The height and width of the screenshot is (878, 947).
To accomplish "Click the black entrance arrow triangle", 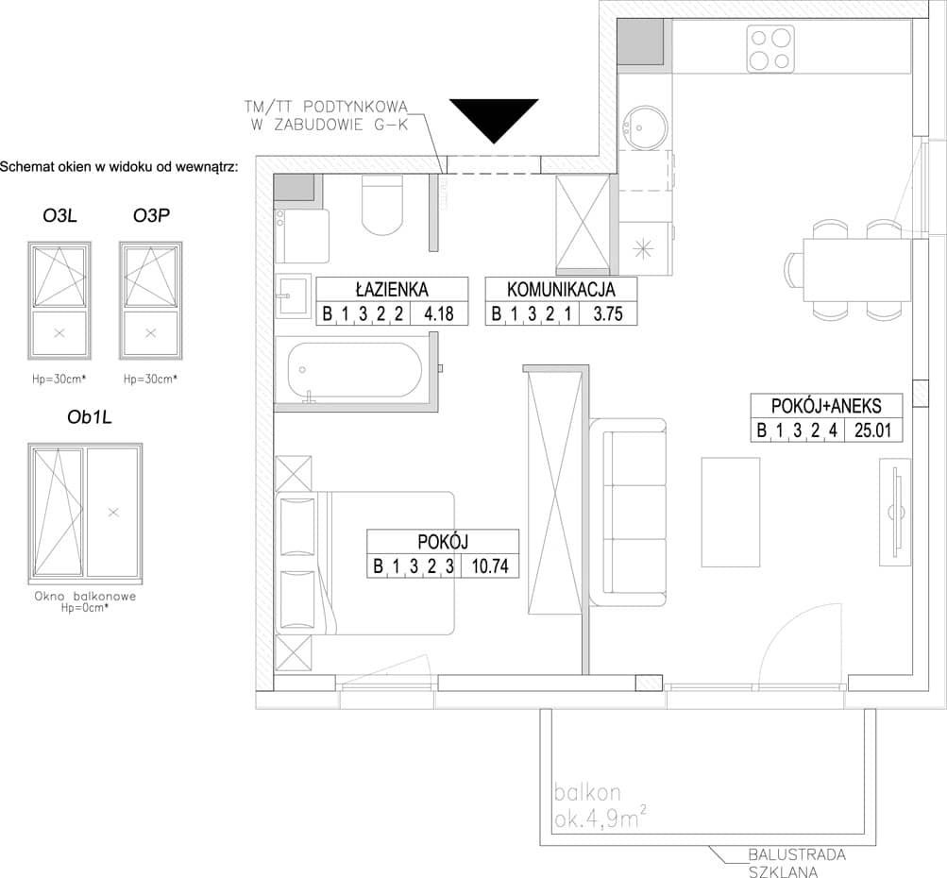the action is click(494, 118).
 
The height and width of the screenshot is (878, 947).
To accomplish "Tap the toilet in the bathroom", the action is click(381, 205).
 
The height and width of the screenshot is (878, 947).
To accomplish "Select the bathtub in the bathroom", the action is click(355, 370).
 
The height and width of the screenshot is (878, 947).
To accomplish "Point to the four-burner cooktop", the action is click(769, 49).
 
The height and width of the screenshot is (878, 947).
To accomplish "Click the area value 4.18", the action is click(438, 314).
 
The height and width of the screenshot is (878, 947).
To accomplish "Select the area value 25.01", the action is click(872, 431).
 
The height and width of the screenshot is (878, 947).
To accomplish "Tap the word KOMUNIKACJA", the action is click(561, 289).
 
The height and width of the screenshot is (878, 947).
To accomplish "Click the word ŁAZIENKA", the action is click(392, 289).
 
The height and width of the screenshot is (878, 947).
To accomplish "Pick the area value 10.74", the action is click(490, 566).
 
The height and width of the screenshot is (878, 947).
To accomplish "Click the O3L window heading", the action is click(59, 215).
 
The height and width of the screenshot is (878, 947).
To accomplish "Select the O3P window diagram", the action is click(151, 301).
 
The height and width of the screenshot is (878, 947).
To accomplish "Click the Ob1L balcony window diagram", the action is click(85, 513).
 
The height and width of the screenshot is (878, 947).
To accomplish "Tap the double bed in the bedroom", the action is click(364, 564).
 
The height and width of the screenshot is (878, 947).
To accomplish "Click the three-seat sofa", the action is click(628, 512).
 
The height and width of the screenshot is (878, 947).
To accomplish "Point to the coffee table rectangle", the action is click(730, 512).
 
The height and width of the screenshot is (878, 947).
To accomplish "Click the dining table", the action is click(856, 270).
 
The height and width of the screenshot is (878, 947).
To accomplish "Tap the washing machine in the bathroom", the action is click(302, 236).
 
